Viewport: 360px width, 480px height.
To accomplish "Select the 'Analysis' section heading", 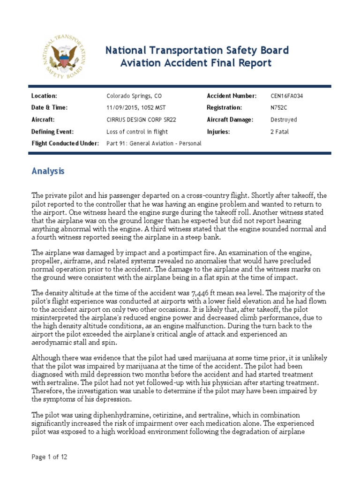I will pyautogui.click(x=48, y=172).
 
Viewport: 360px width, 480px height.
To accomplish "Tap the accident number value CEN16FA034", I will pyautogui.click(x=290, y=96).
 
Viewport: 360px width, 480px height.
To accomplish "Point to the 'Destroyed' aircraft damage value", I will pyautogui.click(x=284, y=120).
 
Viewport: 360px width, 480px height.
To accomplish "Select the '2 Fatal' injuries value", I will pyautogui.click(x=280, y=132).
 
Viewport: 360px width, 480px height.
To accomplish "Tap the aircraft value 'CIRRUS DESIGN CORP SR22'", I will pyautogui.click(x=141, y=120).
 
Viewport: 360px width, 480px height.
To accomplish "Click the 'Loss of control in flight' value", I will pyautogui.click(x=137, y=132).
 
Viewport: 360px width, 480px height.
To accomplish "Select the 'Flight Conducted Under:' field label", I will pyautogui.click(x=65, y=143).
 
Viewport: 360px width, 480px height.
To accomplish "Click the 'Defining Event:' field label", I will pyautogui.click(x=52, y=132).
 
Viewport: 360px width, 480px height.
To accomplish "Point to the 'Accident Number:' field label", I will pyautogui.click(x=232, y=96).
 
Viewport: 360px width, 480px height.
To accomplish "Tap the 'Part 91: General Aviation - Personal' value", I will pyautogui.click(x=154, y=143).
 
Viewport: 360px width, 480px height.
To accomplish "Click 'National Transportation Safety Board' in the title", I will pyautogui.click(x=197, y=50).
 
